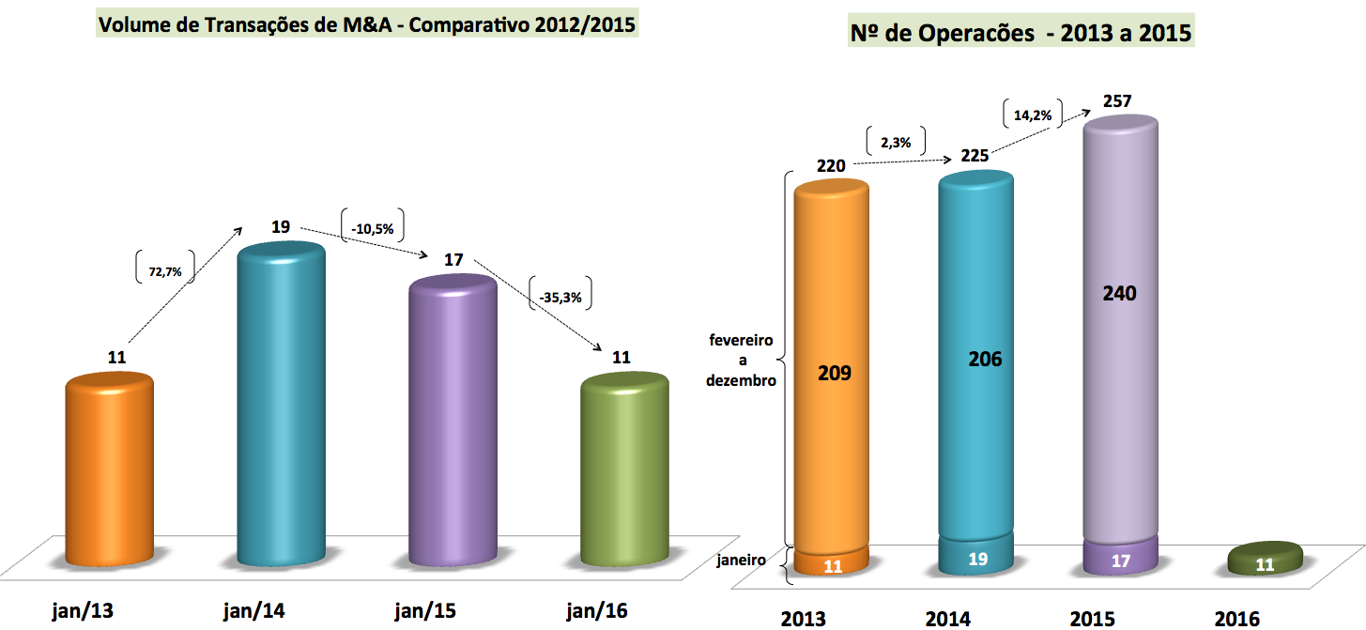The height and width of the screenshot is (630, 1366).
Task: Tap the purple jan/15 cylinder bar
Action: (453, 423)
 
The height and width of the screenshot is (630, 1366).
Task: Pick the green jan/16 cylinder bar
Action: (625, 469)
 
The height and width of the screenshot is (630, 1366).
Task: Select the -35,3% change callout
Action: (561, 298)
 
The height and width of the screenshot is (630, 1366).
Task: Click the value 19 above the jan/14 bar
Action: (281, 226)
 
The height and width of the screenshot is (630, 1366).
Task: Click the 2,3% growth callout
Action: (896, 142)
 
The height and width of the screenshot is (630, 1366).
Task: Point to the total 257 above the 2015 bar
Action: (1118, 100)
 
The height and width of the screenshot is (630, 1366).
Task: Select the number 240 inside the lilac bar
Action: (1120, 293)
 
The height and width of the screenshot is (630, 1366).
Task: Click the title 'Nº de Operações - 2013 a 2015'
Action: (1021, 35)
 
